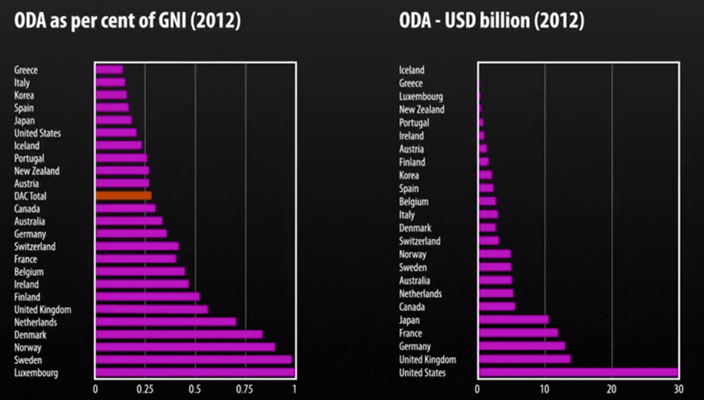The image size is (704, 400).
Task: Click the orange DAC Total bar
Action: point(123,196)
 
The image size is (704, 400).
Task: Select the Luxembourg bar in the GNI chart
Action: point(195,373)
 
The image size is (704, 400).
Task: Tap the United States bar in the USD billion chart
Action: point(578,373)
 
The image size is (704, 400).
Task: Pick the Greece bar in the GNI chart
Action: point(109,70)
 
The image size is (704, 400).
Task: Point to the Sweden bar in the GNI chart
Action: point(193,360)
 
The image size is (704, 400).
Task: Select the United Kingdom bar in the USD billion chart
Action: point(524,360)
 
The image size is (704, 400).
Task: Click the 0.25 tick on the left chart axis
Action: point(144,390)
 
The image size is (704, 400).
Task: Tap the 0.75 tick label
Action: point(245,390)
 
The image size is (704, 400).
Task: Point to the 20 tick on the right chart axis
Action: point(611,390)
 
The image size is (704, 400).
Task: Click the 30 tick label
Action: point(678,390)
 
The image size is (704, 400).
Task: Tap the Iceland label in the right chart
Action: point(411,70)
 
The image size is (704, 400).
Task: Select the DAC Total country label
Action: point(31,196)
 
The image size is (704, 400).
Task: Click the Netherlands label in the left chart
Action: point(35,322)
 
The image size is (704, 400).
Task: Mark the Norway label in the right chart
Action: point(413,254)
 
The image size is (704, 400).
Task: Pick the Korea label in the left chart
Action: point(24,95)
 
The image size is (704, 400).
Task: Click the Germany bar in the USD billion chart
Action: point(521,346)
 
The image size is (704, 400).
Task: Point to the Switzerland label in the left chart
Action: point(34,246)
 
